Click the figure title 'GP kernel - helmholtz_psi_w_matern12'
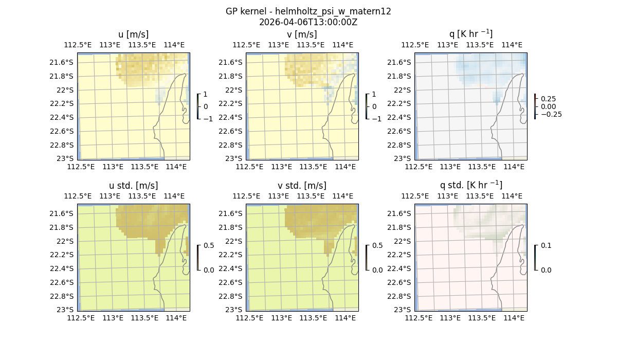tap(308, 11)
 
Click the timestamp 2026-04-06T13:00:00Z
tap(308, 22)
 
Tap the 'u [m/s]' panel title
tap(134, 34)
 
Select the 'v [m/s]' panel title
tap(302, 34)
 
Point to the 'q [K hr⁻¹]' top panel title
tap(470, 34)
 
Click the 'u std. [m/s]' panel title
tap(134, 186)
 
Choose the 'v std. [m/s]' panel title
tap(302, 186)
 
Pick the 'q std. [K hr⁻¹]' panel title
tap(470, 186)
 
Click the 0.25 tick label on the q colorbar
tap(548, 99)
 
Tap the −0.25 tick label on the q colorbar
tap(550, 114)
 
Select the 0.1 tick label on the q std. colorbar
tap(545, 246)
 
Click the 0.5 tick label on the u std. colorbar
tap(209, 246)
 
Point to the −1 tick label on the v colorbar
tap(377, 119)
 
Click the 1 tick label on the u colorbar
tap(206, 95)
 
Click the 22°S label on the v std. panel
tap(234, 241)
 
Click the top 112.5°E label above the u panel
tap(78, 45)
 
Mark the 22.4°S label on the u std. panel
tap(63, 268)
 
